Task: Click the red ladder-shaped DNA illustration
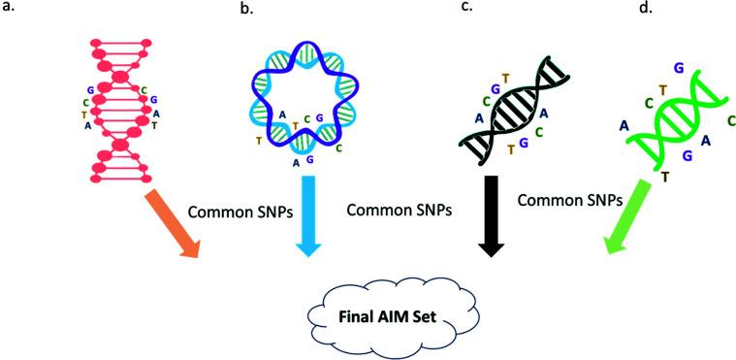point(122,107)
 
